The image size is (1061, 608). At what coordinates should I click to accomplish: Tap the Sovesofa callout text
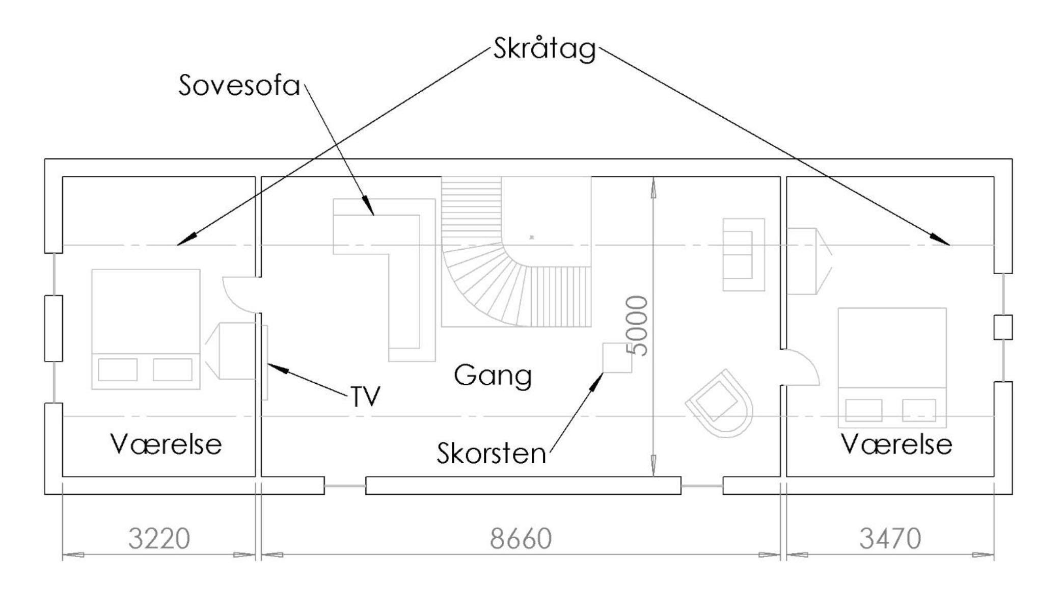[x=239, y=86]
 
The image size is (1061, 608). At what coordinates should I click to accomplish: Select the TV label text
[x=365, y=396]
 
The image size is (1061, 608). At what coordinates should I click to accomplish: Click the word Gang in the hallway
[x=493, y=376]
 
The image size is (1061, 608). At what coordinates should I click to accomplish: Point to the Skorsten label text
[x=491, y=453]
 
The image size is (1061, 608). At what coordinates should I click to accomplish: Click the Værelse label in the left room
[x=166, y=444]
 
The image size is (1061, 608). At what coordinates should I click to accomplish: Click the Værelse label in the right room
[x=896, y=444]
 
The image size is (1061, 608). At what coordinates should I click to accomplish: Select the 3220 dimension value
[x=159, y=539]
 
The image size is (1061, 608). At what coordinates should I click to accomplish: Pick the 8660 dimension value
[x=521, y=539]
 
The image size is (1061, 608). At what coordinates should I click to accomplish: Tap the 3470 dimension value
[x=890, y=539]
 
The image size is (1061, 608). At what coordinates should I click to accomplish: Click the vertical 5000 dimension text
[x=637, y=326]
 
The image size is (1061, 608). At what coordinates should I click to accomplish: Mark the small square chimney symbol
[x=616, y=358]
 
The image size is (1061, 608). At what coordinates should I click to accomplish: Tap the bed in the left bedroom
[x=146, y=329]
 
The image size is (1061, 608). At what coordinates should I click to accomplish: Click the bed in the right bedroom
[x=892, y=367]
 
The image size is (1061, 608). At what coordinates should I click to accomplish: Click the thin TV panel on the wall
[x=265, y=362]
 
